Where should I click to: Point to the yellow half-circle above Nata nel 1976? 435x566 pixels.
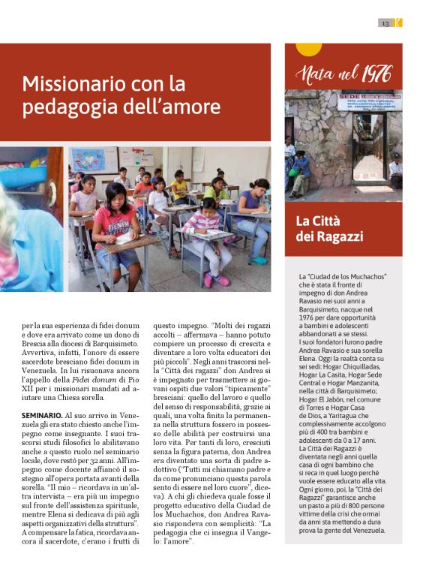(x=308, y=49)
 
